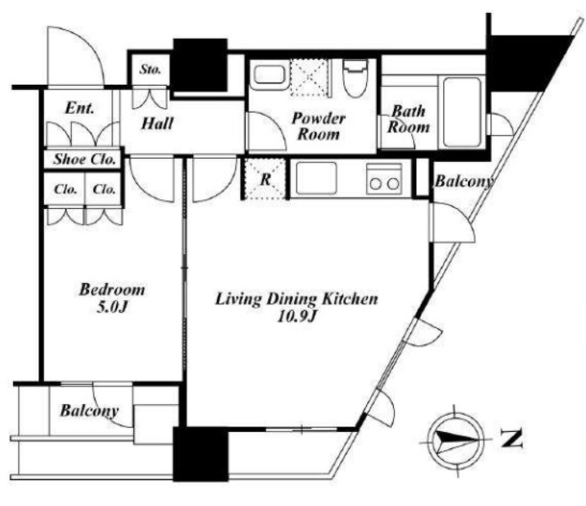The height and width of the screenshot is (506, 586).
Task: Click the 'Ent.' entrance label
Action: click(x=80, y=108)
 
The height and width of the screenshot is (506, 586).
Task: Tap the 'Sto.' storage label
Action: click(x=151, y=69)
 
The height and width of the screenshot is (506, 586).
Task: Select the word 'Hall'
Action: click(x=157, y=123)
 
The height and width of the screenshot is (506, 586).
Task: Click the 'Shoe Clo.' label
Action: click(x=85, y=160)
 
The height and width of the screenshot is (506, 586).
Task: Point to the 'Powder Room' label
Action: click(x=318, y=126)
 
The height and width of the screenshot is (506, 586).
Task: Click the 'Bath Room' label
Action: click(x=409, y=119)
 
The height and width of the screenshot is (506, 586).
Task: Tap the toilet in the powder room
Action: click(x=355, y=78)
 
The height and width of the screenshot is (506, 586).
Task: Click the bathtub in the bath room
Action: click(x=462, y=112)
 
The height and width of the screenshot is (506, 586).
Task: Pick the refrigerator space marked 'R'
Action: click(x=265, y=180)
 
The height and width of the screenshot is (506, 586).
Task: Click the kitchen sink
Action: click(x=316, y=178)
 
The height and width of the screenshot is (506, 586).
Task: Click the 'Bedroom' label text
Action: click(x=112, y=290)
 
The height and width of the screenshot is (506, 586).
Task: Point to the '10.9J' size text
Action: click(x=297, y=317)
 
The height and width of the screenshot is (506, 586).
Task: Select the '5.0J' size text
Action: click(x=112, y=308)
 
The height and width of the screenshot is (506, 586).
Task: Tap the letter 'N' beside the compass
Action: click(x=511, y=439)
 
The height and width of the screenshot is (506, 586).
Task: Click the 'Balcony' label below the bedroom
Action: click(x=89, y=411)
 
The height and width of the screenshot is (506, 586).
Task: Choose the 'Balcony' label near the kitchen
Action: click(x=464, y=181)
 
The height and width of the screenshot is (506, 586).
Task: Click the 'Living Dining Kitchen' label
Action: click(x=296, y=299)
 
